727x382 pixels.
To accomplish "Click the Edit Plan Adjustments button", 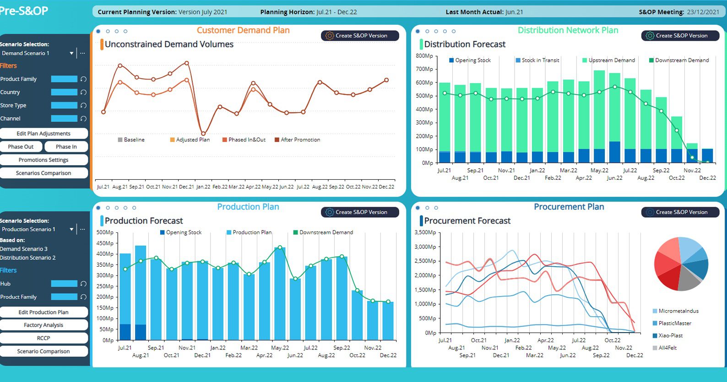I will click(43, 134).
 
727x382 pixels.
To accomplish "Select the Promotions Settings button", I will click(43, 160).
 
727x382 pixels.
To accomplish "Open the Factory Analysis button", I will click(43, 325).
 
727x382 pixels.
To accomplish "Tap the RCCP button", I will click(43, 338).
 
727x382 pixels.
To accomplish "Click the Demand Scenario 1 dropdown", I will click(37, 53).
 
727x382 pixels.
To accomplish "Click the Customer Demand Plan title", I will click(243, 30).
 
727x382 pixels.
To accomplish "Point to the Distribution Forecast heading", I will click(465, 44).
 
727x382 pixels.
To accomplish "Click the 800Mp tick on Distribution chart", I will click(424, 56).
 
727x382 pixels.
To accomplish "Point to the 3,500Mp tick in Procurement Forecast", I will click(425, 232).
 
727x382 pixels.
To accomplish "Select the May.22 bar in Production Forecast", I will click(280, 293).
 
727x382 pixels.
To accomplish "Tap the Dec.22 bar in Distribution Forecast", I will click(707, 156).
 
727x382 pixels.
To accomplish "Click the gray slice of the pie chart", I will click(688, 279).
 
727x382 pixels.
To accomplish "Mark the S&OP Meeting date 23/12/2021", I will click(703, 12).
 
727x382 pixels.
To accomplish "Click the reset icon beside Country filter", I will click(83, 92).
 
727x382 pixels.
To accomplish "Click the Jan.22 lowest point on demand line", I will click(203, 134).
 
